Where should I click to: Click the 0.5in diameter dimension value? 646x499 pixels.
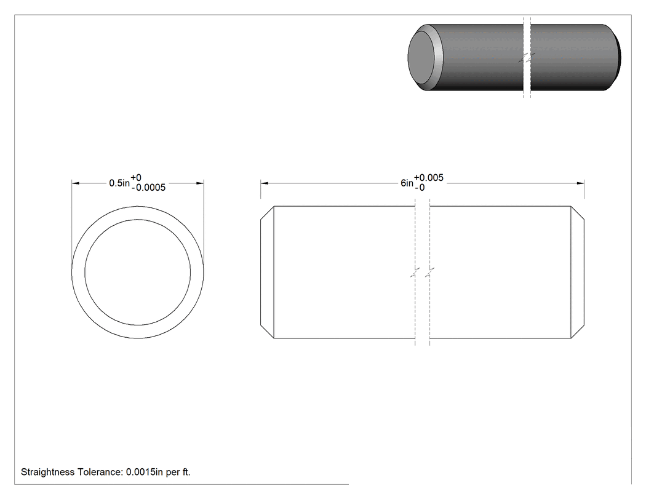pyautogui.click(x=119, y=183)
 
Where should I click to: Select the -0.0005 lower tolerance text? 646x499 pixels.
pyautogui.click(x=149, y=188)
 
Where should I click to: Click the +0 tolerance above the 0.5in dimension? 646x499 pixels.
pyautogui.click(x=136, y=178)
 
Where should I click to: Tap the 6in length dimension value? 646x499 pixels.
pyautogui.click(x=407, y=183)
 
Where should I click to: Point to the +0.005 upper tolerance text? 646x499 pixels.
pyautogui.click(x=429, y=178)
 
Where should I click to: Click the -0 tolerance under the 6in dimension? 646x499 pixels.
pyautogui.click(x=420, y=188)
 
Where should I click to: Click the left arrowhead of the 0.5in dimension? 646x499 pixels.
pyautogui.click(x=76, y=183)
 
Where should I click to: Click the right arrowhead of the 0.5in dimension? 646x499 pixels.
pyautogui.click(x=200, y=183)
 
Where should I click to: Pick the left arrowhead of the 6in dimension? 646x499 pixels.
pyautogui.click(x=264, y=183)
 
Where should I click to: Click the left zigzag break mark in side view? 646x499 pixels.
pyautogui.click(x=415, y=273)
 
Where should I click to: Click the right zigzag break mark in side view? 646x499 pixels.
pyautogui.click(x=429, y=273)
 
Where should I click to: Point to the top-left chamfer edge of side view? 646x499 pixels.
pyautogui.click(x=268, y=213)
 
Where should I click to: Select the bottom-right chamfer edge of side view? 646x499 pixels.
pyautogui.click(x=578, y=332)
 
